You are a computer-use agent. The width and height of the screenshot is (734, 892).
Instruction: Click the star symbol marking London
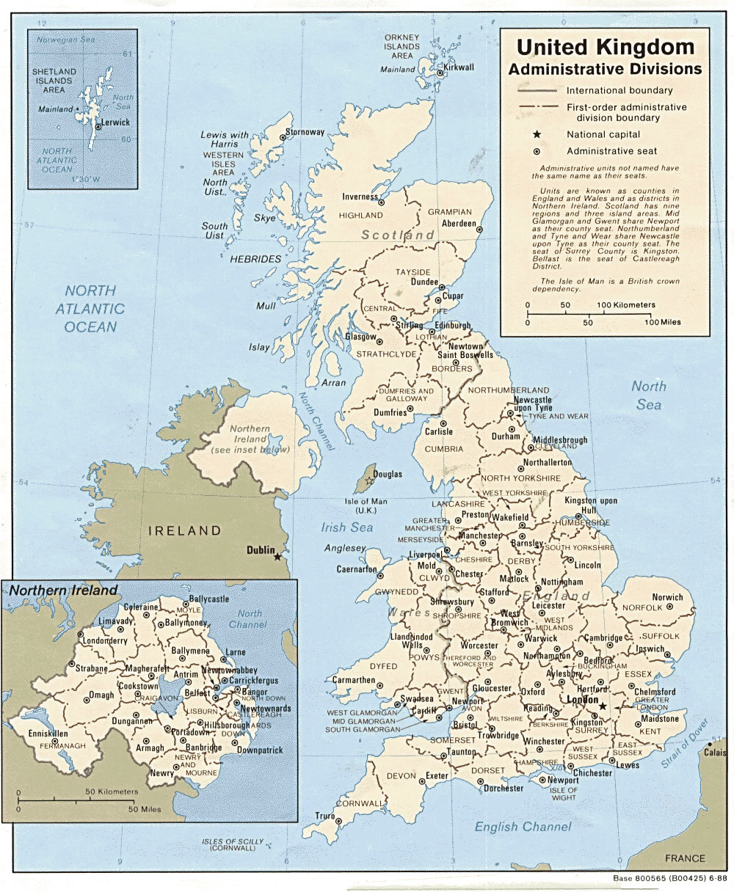[x=603, y=706]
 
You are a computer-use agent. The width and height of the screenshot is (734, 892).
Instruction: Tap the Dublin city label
[x=261, y=549]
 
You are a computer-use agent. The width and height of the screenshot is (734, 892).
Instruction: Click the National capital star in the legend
[x=537, y=134]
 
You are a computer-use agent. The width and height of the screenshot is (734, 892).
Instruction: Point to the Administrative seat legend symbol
[x=537, y=151]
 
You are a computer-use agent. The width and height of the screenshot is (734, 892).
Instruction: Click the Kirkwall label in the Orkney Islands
[x=459, y=67]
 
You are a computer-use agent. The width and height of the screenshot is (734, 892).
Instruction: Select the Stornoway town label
[x=305, y=132]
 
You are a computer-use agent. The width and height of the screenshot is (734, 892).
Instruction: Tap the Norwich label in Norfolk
[x=667, y=597]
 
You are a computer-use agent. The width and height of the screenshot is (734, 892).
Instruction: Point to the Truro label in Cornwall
[x=324, y=816]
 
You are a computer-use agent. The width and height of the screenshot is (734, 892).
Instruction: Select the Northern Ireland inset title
[x=63, y=590]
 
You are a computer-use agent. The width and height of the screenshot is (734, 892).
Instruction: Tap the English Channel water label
[x=523, y=827]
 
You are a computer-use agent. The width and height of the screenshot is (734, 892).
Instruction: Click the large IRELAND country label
[x=185, y=530]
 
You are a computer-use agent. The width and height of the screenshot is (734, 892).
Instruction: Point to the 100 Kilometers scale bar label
[x=626, y=304]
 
